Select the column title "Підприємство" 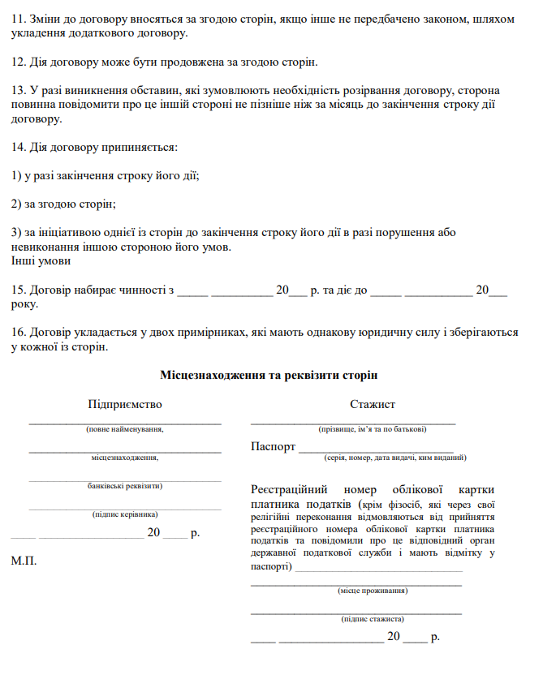click(125, 404)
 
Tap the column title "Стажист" click(373, 404)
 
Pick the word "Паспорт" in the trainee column click(274, 446)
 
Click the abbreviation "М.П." click(24, 561)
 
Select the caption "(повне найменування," click(125, 429)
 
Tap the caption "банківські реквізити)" click(125, 486)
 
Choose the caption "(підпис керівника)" click(125, 514)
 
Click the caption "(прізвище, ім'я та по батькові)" click(373, 429)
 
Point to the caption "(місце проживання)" click(373, 591)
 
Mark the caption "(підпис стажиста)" click(373, 619)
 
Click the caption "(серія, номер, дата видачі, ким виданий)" click(395, 458)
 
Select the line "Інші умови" click(41, 261)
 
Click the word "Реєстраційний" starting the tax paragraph click(288, 490)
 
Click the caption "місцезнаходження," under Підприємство click(125, 458)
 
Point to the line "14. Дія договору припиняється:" click(94, 148)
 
